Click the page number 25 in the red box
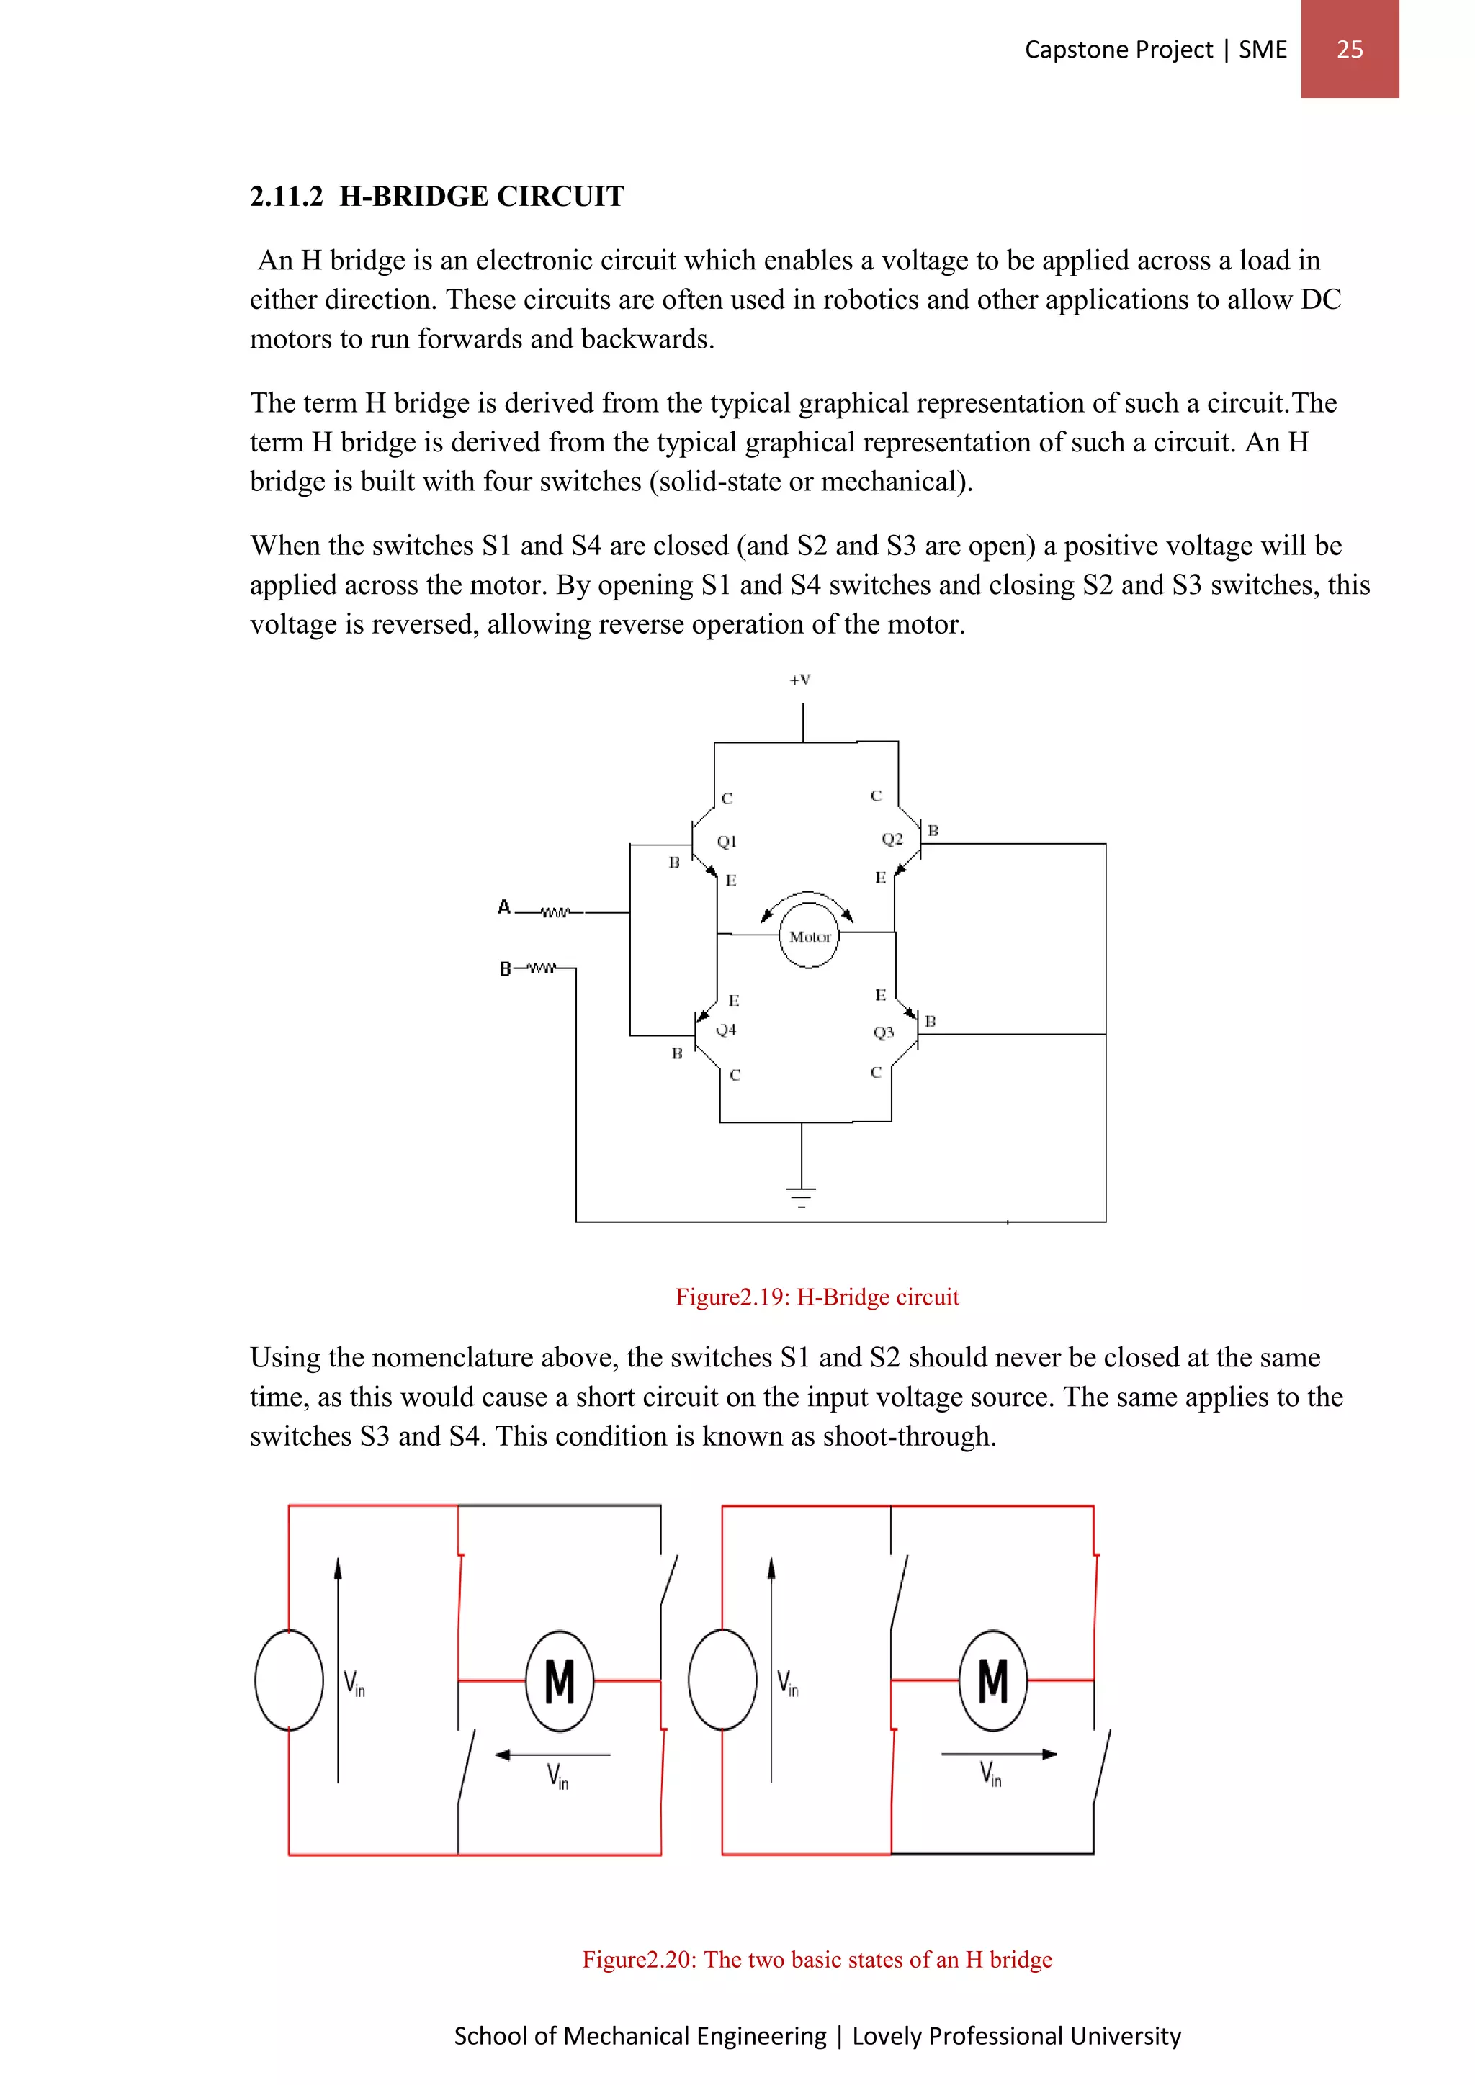coord(1349,49)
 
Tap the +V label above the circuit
coord(799,679)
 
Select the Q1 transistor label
coord(727,841)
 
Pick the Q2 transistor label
coord(892,839)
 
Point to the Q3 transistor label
coord(883,1032)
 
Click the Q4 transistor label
coord(726,1030)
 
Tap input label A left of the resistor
coord(504,906)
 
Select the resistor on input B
coord(542,968)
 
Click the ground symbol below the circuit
coord(800,1196)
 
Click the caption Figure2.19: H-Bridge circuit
coord(817,1297)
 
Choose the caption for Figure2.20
coord(817,1959)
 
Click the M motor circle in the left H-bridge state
coord(560,1681)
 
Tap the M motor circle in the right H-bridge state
coord(992,1681)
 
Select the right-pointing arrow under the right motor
coord(999,1754)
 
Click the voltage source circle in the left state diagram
coord(289,1679)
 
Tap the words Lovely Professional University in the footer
coord(1016,2035)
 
